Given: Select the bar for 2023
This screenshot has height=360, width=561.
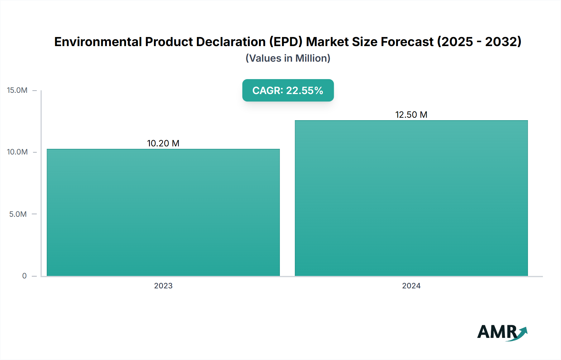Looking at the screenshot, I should [163, 212].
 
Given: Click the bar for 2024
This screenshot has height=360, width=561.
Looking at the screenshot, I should [411, 198].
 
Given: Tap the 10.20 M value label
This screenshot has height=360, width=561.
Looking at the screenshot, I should [163, 143].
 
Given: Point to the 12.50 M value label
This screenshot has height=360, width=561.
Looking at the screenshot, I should [411, 115].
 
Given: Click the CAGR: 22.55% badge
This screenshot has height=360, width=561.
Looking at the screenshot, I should [288, 90].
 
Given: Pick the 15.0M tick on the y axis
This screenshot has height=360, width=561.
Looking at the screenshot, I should [17, 90].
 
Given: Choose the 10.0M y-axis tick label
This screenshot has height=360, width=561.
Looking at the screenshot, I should [17, 152].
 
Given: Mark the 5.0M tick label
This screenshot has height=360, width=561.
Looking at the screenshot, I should [18, 214].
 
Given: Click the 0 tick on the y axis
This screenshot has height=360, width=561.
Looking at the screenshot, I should [24, 276].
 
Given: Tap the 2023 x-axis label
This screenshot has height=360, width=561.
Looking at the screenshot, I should [163, 286].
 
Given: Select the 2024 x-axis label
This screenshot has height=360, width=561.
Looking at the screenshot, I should [411, 286].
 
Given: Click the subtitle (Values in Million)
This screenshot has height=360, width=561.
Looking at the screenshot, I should [288, 58].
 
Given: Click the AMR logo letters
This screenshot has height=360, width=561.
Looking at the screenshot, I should [496, 332].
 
